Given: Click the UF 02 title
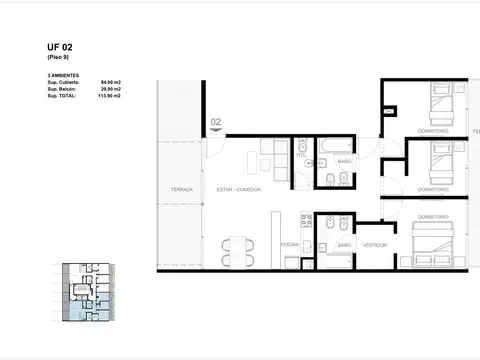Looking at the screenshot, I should coord(59,46).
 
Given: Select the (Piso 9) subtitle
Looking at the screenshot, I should coord(58,57).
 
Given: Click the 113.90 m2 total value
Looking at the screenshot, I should coord(108,97).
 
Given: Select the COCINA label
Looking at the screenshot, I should coord(290,244).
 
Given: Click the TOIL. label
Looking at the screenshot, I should coord(301,156).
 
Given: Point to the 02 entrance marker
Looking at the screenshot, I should coord(215,123).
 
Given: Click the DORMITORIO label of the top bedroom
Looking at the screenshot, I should coord(434,132).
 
